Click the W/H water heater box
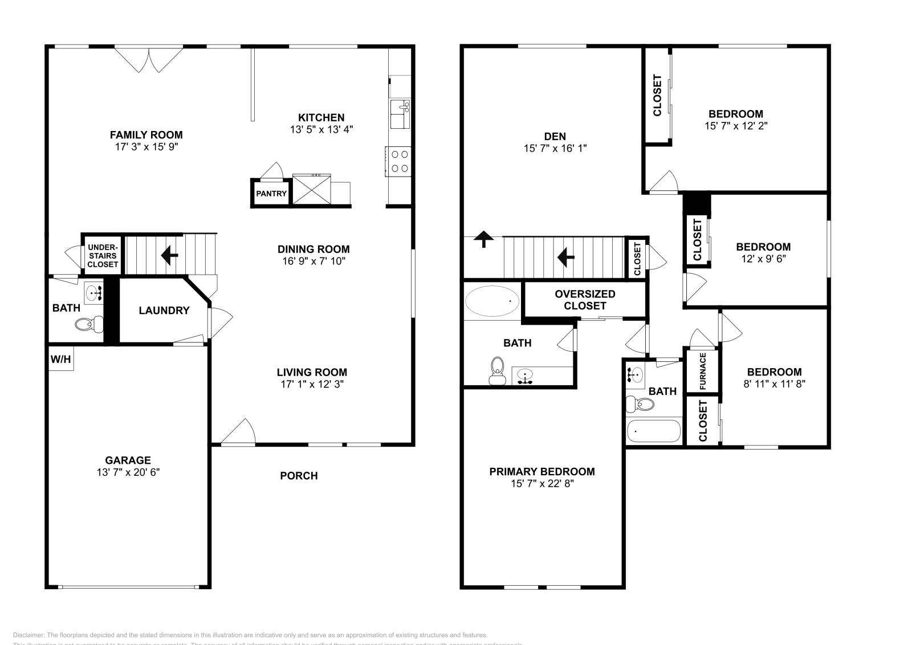(60, 359)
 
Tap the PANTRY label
(271, 194)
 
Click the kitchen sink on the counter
(400, 113)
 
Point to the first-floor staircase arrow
(169, 255)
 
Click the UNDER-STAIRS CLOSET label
(103, 256)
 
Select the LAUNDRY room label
(164, 311)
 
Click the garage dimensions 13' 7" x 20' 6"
(128, 472)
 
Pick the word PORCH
(299, 476)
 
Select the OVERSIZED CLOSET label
(585, 300)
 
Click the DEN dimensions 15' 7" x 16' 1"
(555, 149)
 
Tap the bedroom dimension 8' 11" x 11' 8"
(774, 384)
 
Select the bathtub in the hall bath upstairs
(654, 431)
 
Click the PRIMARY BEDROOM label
(541, 472)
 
